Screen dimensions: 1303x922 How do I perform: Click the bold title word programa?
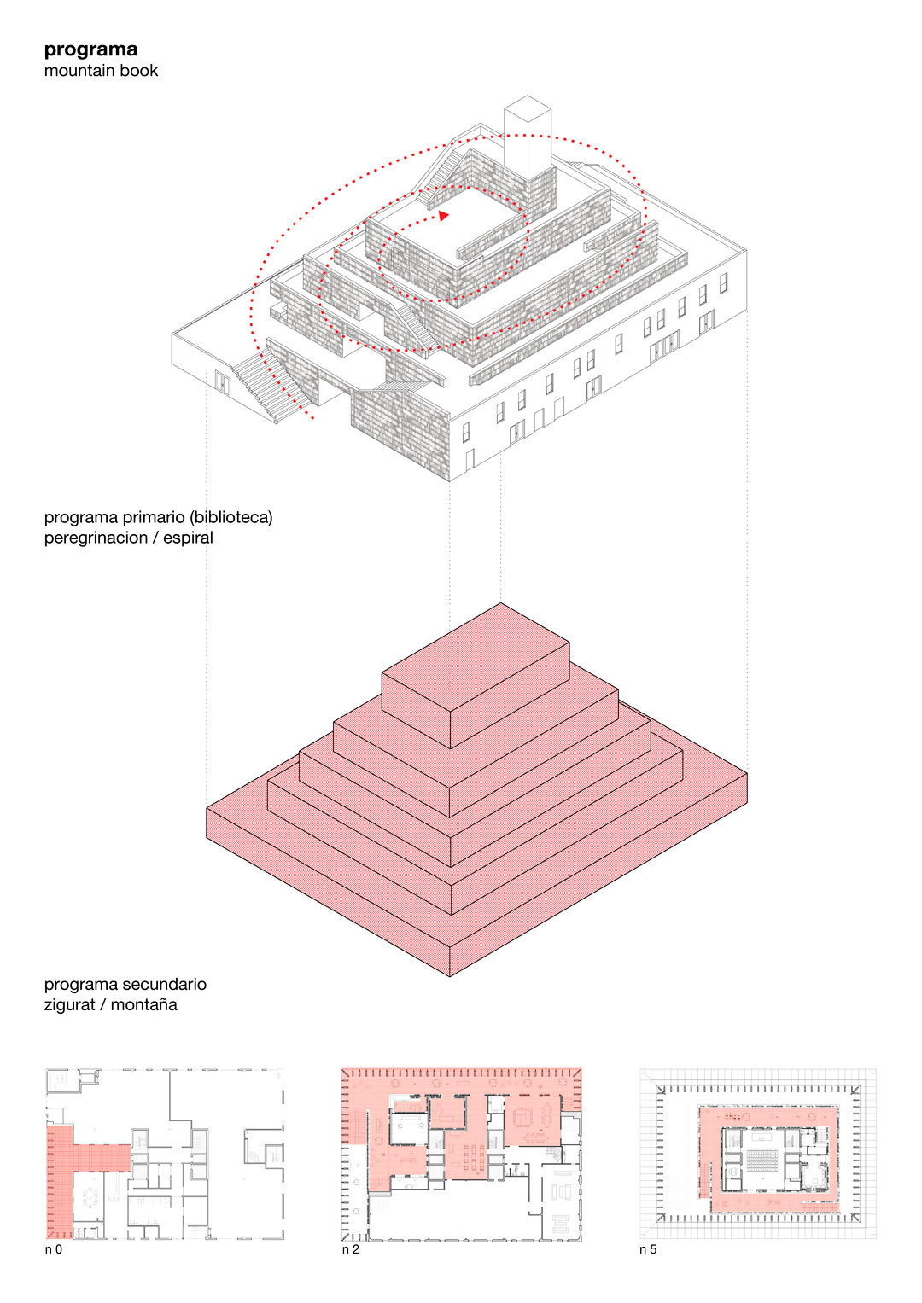(x=90, y=49)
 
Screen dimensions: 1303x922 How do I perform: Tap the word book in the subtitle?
(x=139, y=71)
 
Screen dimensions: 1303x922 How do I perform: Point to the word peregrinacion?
(x=96, y=538)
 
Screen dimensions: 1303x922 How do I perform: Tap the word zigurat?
(x=69, y=1005)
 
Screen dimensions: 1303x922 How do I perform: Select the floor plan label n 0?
(x=53, y=1250)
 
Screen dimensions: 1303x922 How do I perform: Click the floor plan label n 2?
(x=350, y=1250)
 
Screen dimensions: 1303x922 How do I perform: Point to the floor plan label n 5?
(x=648, y=1250)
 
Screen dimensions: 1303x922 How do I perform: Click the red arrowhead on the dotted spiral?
(x=443, y=216)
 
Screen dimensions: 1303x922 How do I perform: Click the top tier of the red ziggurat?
(x=476, y=674)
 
